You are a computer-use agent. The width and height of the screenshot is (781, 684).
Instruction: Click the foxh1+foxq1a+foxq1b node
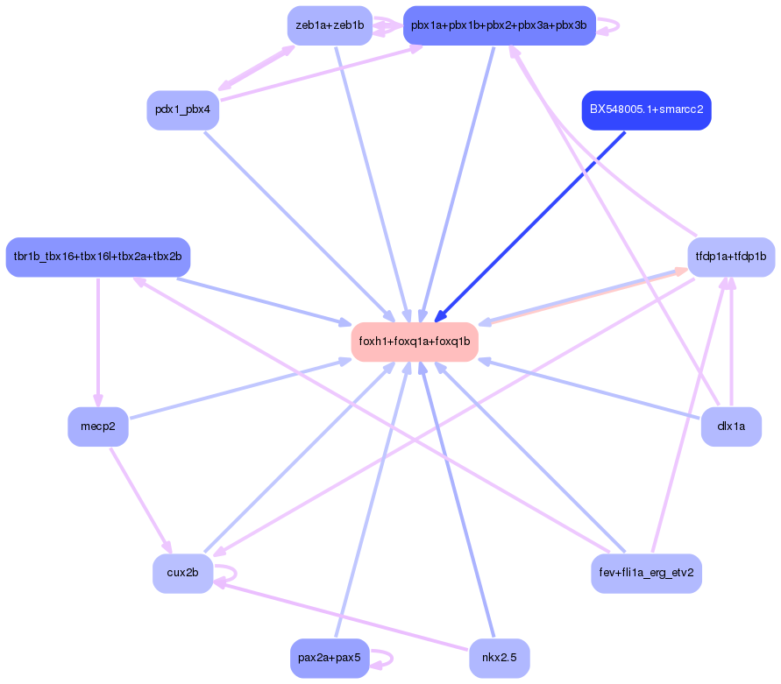pos(415,342)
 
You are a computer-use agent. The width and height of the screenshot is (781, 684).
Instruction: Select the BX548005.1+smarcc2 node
pos(646,110)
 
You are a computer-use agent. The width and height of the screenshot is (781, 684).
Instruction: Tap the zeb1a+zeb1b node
pos(330,25)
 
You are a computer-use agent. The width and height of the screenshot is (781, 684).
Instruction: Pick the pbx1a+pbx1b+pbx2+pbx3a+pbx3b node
pos(499,25)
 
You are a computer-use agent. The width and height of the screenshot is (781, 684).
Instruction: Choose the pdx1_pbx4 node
pos(182,110)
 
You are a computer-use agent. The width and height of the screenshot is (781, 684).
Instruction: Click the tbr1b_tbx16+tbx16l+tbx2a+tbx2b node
pos(97,257)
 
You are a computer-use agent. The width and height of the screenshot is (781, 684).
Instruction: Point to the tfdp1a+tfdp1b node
pos(730,257)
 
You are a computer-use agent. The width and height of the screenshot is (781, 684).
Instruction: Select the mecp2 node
pos(97,427)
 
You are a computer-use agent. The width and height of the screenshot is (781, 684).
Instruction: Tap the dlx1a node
pos(730,427)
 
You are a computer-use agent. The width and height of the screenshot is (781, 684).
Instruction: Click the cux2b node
pos(182,574)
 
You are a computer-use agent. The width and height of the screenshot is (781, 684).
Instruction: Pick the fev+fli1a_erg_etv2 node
pos(646,574)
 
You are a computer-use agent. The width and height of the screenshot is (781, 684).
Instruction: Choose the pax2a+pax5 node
pos(330,659)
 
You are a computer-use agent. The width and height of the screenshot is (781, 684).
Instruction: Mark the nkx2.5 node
pos(499,659)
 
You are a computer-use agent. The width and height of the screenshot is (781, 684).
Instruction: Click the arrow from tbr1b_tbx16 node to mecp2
pos(97,342)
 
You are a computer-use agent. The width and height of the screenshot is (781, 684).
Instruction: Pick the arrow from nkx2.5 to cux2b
pos(342,618)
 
